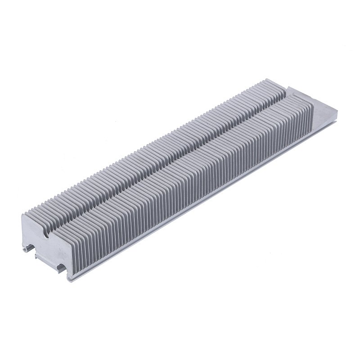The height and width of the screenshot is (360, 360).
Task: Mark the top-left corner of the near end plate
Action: (x=23, y=215)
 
